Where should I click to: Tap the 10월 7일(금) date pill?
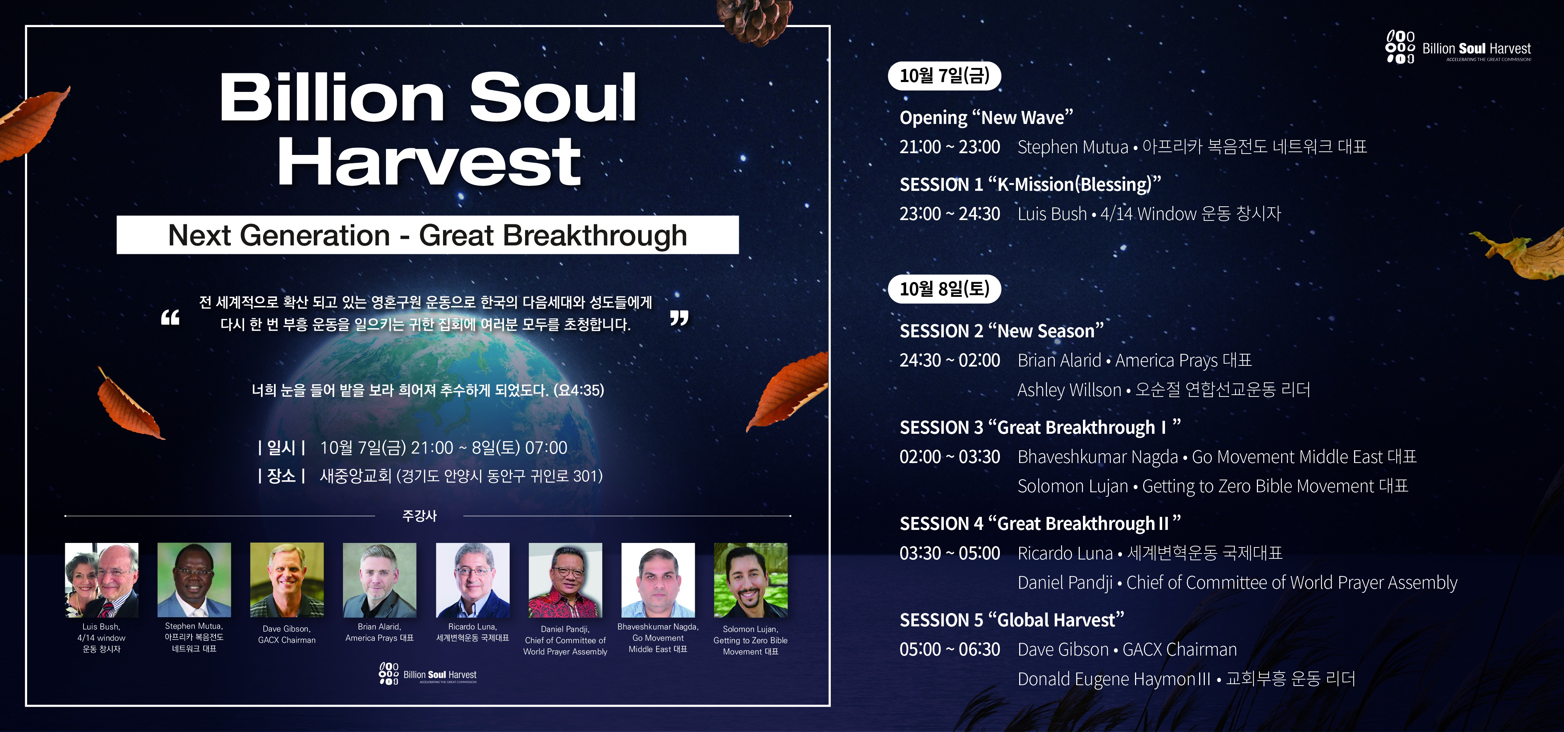click(x=944, y=75)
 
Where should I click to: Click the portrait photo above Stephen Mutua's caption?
click(x=194, y=580)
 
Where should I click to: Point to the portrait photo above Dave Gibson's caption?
click(x=287, y=580)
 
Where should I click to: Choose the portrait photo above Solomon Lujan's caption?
click(x=750, y=580)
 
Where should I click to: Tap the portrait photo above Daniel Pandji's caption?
click(x=565, y=580)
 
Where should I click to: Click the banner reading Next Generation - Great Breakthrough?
click(x=428, y=235)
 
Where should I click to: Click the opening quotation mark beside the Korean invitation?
click(x=170, y=317)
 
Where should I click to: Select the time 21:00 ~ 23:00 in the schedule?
click(x=949, y=147)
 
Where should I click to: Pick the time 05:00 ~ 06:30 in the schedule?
click(x=949, y=650)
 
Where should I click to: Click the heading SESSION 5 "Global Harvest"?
click(x=1011, y=620)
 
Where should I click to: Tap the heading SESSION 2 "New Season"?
click(x=1001, y=331)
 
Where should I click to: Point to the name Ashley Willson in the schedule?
click(x=1069, y=390)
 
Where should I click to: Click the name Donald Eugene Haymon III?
click(x=1114, y=678)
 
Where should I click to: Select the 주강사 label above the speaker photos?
click(x=419, y=516)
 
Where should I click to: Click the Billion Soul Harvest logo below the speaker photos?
click(x=428, y=674)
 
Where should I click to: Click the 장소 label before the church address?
click(x=281, y=476)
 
